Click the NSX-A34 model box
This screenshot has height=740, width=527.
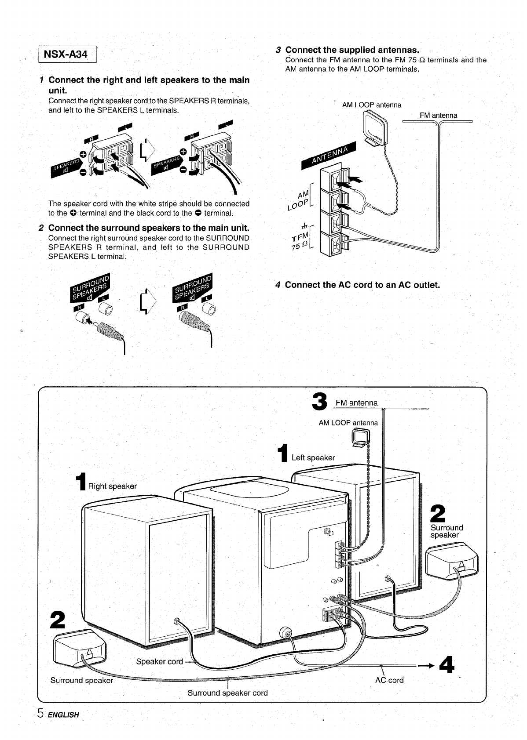[68, 55]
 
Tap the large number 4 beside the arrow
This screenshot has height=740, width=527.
[446, 665]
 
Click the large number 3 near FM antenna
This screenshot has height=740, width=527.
[319, 402]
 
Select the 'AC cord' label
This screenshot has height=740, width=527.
[389, 680]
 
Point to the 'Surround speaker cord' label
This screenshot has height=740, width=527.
[227, 693]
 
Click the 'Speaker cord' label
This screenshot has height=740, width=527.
[159, 661]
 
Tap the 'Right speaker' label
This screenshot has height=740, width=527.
[112, 486]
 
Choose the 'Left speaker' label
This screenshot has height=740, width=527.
[313, 457]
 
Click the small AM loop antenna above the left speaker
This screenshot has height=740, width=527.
[361, 438]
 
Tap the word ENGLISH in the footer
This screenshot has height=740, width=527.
[63, 715]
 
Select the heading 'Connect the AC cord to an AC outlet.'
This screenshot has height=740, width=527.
[362, 285]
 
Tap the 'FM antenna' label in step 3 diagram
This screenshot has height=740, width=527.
[438, 116]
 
